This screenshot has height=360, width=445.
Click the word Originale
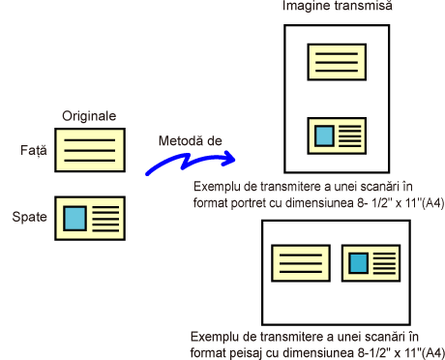pyautogui.click(x=89, y=116)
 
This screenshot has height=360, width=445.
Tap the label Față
pyautogui.click(x=34, y=150)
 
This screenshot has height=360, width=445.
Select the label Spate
pyautogui.click(x=29, y=217)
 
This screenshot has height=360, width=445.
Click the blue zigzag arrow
pyautogui.click(x=191, y=162)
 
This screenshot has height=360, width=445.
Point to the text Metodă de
pyautogui.click(x=191, y=140)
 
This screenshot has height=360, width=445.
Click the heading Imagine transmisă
pyautogui.click(x=338, y=6)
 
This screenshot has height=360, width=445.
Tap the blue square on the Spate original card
pyautogui.click(x=74, y=219)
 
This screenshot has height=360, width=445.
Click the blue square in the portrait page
pyautogui.click(x=324, y=135)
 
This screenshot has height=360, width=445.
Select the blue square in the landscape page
pyautogui.click(x=359, y=263)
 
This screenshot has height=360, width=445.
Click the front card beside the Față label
pyautogui.click(x=90, y=150)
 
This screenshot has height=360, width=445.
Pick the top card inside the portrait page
pyautogui.click(x=337, y=62)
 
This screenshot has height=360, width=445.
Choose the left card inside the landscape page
pyautogui.click(x=301, y=263)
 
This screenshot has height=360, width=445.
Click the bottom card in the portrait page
pyautogui.click(x=337, y=135)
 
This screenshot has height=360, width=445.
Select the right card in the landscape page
pyautogui.click(x=371, y=263)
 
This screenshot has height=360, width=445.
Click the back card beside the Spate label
pyautogui.click(x=90, y=219)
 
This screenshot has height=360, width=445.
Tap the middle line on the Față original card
pyautogui.click(x=90, y=150)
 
